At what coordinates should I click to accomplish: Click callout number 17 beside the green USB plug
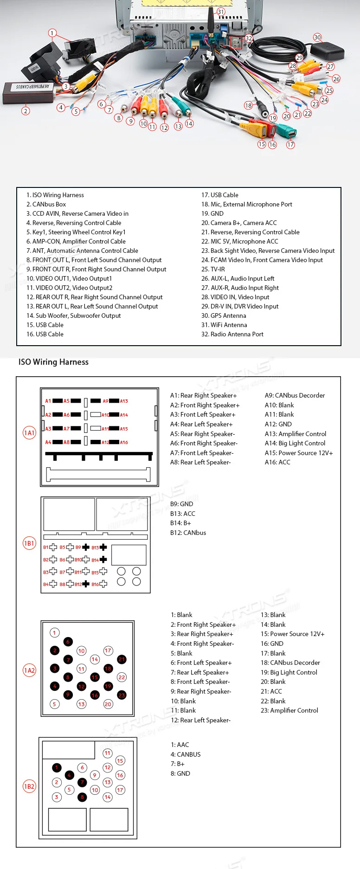click(x=290, y=145)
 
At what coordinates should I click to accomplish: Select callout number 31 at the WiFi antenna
click(x=221, y=12)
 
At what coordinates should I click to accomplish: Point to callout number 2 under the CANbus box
click(x=26, y=111)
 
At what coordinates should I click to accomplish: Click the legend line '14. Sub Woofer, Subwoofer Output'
click(x=73, y=315)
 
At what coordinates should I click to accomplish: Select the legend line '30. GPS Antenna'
click(x=224, y=315)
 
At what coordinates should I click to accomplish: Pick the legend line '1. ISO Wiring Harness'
click(x=55, y=195)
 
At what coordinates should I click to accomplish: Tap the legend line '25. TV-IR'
click(x=213, y=269)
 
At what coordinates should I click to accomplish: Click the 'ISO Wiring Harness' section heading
click(x=53, y=362)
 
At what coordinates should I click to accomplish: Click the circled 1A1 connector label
click(x=29, y=433)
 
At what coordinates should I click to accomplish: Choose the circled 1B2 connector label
click(x=29, y=786)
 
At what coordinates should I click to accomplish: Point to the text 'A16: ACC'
click(x=277, y=462)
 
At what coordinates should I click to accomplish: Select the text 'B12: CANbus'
click(x=188, y=533)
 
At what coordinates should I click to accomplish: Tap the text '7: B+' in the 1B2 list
click(x=177, y=764)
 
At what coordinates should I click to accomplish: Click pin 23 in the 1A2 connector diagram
click(x=122, y=695)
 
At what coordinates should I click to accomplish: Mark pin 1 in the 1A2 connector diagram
click(x=54, y=632)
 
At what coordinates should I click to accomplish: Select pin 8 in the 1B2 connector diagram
click(x=82, y=797)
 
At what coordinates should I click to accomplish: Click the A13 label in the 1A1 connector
click(x=124, y=401)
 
